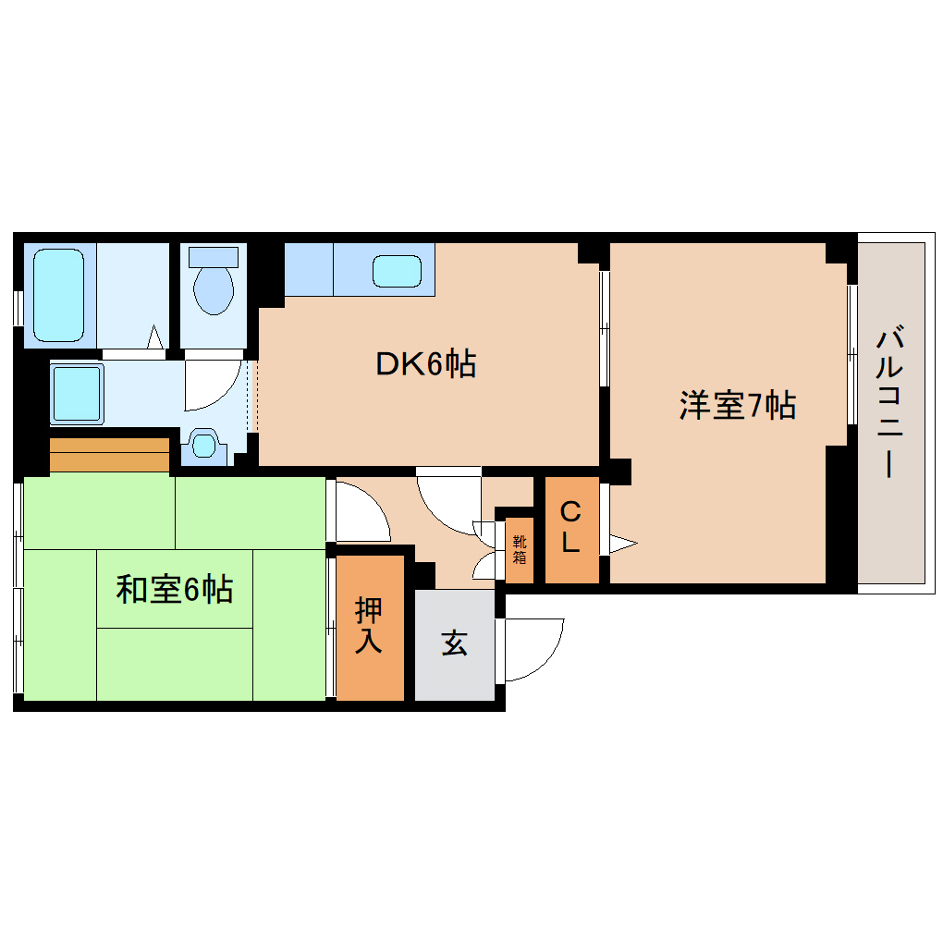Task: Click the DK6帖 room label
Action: (425, 364)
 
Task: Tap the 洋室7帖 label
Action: (737, 405)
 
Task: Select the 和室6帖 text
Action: (174, 589)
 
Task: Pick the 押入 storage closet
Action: (369, 626)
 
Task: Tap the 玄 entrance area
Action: (454, 643)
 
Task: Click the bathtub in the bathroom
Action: (59, 293)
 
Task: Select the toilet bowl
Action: (214, 289)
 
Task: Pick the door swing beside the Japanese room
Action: (361, 513)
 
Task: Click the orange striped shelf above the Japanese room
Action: (109, 454)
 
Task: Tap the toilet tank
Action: (214, 256)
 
